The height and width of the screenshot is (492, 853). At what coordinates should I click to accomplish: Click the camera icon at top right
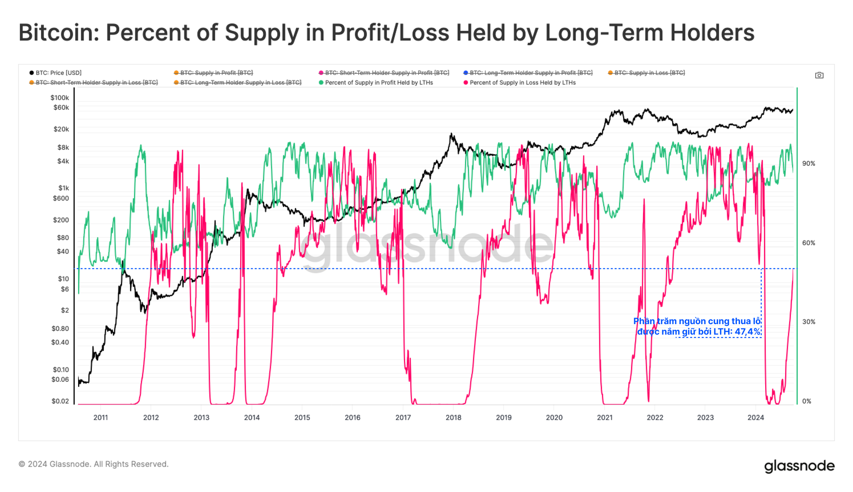pos(819,75)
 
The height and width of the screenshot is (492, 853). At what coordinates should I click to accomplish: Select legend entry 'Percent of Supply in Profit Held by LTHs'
pos(378,82)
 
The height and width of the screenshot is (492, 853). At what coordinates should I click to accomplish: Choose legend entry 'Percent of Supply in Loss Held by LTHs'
pos(522,82)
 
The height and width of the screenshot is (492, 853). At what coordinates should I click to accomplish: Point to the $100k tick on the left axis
pos(60,98)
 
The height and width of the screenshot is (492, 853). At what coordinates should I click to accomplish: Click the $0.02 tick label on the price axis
pos(60,401)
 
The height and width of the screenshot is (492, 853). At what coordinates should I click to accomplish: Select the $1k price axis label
pos(64,188)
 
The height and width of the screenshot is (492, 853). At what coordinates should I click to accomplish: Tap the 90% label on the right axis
pos(808,164)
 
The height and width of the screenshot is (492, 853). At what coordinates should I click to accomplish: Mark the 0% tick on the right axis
pos(807,401)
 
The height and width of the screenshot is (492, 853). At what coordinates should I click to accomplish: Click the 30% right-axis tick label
pos(808,322)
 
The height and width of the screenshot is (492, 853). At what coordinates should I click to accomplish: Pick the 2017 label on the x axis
pos(403,417)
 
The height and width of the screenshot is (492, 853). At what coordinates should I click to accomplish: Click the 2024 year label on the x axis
pos(755,417)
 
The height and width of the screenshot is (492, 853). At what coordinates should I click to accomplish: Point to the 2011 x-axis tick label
pos(101,417)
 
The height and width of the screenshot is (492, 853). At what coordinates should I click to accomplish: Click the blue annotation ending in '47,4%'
pos(698,326)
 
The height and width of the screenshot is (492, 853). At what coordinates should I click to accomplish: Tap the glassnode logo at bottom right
pos(799,466)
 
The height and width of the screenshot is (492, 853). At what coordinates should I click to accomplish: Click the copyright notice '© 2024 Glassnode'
pos(93,464)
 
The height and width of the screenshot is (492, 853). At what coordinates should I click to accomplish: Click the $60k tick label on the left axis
pos(61,108)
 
